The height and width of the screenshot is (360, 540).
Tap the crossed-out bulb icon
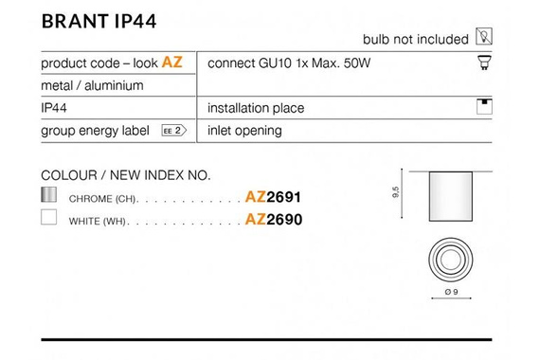pos(483,38)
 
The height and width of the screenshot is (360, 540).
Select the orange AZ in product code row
pos(171,63)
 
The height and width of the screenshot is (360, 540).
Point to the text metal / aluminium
pos(92,85)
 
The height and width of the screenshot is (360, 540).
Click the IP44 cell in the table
pos(53,108)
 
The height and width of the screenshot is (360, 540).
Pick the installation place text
pos(256,108)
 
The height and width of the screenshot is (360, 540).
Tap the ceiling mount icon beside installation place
pos(483,106)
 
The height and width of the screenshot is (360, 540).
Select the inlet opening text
pos(244,131)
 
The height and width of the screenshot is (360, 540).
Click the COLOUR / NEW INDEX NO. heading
pos(126,175)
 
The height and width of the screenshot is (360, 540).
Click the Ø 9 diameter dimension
pos(451,291)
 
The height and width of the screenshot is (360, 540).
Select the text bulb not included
pos(416,39)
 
